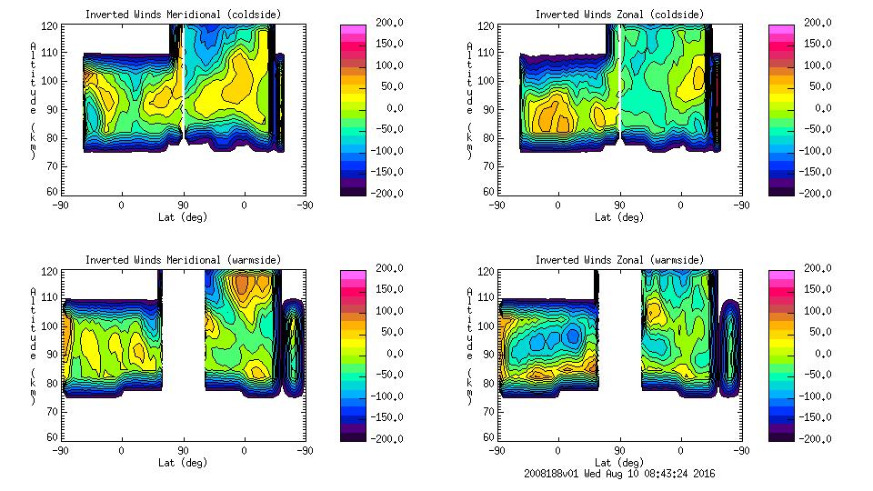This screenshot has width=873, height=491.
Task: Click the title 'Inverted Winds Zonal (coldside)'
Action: point(619,15)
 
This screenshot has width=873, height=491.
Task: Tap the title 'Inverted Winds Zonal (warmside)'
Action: point(619,260)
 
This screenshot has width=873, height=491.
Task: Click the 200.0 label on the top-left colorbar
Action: point(387,23)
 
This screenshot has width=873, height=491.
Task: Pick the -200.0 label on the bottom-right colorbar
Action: point(817,438)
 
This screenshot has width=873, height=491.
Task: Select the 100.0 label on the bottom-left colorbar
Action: point(387,311)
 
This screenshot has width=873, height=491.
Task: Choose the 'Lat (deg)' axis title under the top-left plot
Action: point(184,217)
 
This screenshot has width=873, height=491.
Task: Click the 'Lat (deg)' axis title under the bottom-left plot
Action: point(184,463)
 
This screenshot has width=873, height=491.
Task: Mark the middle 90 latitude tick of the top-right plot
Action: point(619,205)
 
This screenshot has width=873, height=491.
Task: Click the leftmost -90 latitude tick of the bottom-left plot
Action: point(60,450)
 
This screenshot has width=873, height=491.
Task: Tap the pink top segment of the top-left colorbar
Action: point(354,28)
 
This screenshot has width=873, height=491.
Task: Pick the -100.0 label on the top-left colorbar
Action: point(387,151)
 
